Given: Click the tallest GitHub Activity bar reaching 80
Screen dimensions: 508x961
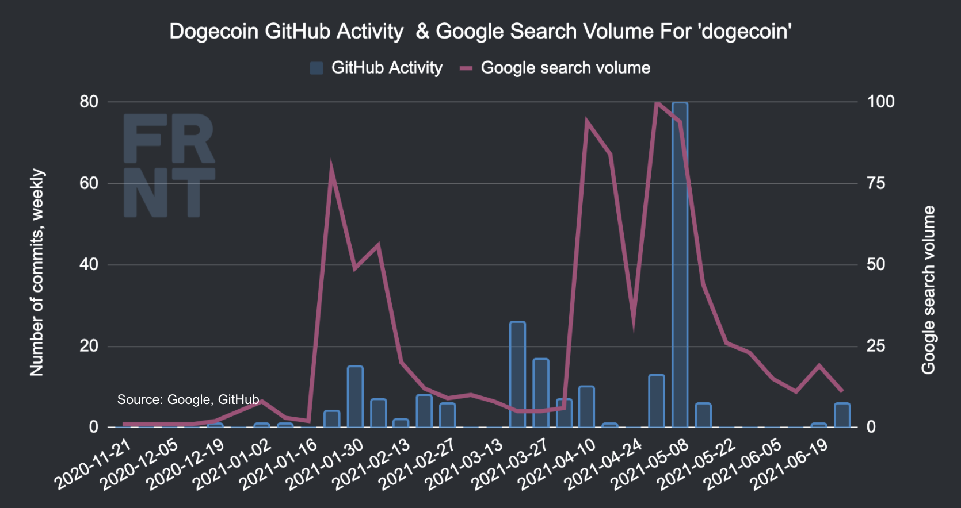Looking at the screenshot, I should tap(680, 264).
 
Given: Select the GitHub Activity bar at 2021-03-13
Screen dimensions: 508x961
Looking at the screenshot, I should tap(517, 374).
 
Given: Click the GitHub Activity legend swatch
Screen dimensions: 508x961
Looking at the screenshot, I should tap(316, 68).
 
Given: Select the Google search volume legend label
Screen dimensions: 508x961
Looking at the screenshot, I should tap(565, 68).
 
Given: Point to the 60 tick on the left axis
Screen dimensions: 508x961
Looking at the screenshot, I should tap(89, 183).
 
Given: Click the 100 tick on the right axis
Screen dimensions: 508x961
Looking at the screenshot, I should tap(880, 102).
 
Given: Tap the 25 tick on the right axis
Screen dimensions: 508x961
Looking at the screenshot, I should tap(876, 346).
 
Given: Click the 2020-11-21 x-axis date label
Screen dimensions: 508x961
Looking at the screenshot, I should tap(93, 464).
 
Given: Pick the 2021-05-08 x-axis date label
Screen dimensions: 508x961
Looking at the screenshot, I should tap(650, 464).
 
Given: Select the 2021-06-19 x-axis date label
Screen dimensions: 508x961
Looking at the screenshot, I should tap(790, 464).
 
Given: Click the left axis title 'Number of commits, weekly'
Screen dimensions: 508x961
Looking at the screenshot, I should tap(37, 272).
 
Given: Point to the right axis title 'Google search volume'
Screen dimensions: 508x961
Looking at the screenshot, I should tap(928, 290).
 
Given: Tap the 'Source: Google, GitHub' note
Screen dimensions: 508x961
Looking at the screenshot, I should tap(188, 399).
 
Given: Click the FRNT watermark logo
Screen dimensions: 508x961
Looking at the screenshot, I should tap(169, 166).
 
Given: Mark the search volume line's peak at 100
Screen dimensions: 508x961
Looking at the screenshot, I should tap(657, 103).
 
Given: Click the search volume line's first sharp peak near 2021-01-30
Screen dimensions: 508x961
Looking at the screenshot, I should tap(331, 168).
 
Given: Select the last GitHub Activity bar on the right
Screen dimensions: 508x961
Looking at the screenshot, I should tap(842, 415).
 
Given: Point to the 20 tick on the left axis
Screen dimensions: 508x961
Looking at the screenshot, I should tap(89, 346).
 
